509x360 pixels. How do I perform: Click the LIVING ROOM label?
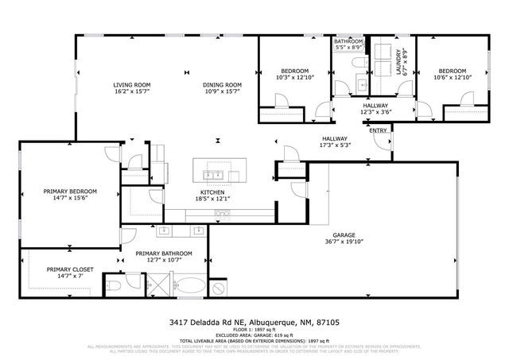tap(132, 85)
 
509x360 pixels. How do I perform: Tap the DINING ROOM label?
tap(222, 85)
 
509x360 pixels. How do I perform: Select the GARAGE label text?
tap(344, 234)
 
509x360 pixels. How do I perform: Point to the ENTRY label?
tap(378, 131)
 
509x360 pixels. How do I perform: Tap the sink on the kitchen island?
tap(214, 174)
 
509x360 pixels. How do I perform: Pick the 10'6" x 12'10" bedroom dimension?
tap(453, 77)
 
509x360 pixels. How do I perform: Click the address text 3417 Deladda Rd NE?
tap(208, 322)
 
